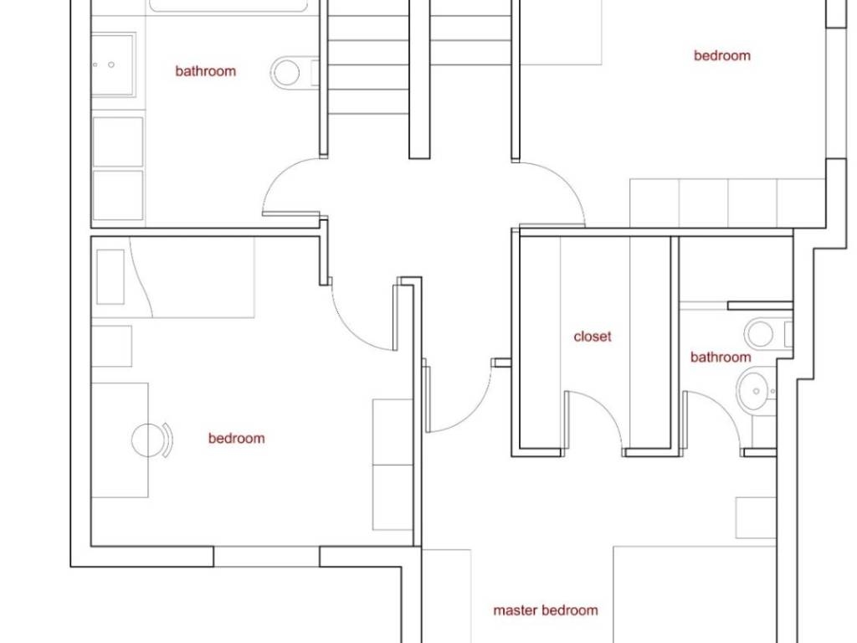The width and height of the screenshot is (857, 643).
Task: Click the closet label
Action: [x=593, y=337]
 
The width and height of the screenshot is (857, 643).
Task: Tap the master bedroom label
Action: [x=546, y=610]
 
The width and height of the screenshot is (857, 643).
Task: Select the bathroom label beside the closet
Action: [x=721, y=357]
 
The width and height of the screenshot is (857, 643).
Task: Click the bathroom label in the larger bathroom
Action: [x=206, y=71]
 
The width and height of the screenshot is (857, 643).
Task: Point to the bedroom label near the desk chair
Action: [x=236, y=438]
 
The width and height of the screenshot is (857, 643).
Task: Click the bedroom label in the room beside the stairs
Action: [x=722, y=55]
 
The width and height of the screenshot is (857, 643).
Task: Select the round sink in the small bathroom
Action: [x=756, y=390]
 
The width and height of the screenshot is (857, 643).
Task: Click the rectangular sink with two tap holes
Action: [x=113, y=64]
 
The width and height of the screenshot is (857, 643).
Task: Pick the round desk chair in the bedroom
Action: [x=152, y=440]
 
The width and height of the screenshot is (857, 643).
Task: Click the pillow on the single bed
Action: [x=110, y=276]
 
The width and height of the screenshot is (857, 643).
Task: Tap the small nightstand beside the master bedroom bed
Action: [x=756, y=517]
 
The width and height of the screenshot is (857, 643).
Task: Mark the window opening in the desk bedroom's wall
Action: [x=266, y=556]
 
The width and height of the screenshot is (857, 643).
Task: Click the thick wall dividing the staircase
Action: [x=419, y=80]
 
